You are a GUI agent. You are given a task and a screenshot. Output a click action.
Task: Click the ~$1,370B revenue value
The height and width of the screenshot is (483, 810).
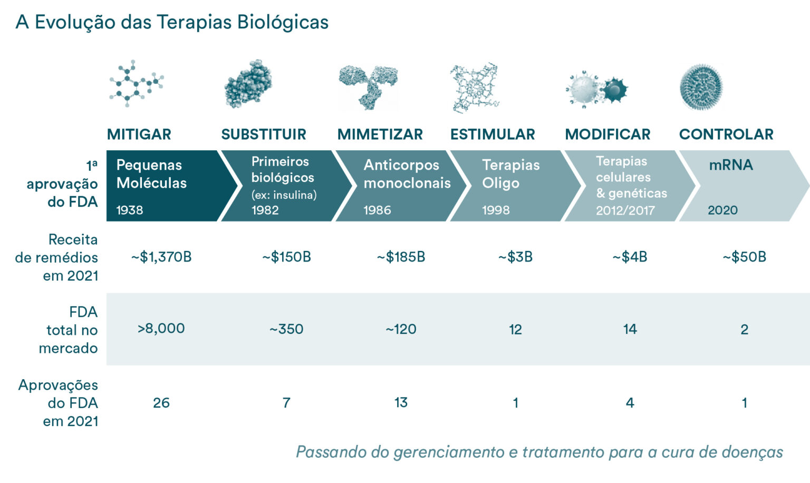point(161,257)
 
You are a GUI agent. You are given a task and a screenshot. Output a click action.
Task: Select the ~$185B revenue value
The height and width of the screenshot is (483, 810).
point(401,257)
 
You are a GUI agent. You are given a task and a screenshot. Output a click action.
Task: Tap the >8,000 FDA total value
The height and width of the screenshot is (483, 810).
point(161,329)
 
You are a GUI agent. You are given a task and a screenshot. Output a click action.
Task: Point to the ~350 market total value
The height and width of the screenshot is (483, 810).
point(286,329)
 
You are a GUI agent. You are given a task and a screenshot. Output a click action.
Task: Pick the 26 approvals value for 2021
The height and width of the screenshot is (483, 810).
point(161,403)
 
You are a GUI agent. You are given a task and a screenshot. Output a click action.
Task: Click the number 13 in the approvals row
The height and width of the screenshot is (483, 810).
point(401,403)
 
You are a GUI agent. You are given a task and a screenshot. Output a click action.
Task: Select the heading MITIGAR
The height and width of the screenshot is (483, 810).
point(139,134)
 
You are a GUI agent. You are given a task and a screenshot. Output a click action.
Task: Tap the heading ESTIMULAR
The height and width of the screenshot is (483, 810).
point(493,134)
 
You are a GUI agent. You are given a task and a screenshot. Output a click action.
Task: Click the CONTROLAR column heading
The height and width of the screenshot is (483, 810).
point(726,134)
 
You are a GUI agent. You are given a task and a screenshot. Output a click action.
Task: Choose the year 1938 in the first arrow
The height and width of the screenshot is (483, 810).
point(130,210)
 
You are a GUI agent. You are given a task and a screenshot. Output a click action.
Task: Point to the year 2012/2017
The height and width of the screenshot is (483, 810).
point(625,211)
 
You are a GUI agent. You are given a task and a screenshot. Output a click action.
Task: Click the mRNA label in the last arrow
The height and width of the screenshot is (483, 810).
point(730,165)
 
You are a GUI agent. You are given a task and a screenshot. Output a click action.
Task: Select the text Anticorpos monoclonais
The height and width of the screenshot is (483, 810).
point(407,174)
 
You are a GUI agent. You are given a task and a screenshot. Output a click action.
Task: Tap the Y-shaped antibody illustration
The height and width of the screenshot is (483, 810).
point(369,86)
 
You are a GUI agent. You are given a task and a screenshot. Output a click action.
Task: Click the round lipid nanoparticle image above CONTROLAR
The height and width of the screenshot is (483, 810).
point(701,87)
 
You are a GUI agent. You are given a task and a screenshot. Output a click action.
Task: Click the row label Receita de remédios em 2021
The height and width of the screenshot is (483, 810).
point(57,257)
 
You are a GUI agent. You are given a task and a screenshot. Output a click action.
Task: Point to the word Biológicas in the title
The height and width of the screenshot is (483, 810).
point(283,22)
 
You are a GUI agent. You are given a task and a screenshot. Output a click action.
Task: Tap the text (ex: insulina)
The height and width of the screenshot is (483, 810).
point(284,195)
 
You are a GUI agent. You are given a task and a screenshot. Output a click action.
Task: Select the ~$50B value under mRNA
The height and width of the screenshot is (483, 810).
point(744,257)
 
